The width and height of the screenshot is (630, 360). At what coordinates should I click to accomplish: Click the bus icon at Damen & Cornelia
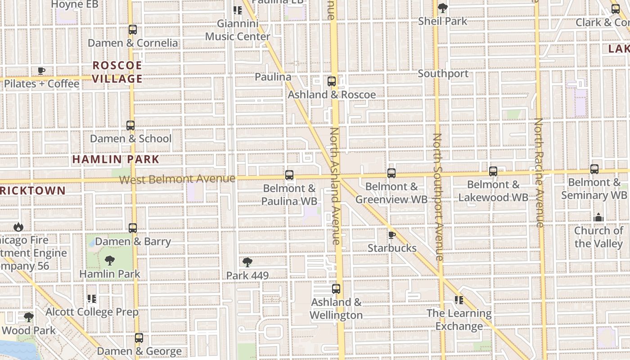coord(132,30)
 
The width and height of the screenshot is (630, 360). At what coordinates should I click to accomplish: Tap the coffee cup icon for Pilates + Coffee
coord(41,71)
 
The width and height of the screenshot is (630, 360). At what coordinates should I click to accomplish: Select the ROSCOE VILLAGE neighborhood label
coord(117,72)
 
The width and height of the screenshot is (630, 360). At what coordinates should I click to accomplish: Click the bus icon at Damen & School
coord(130,126)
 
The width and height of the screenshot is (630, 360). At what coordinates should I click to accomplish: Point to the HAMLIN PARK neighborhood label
coord(116,159)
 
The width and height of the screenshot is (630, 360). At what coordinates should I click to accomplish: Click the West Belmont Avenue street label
coord(177,179)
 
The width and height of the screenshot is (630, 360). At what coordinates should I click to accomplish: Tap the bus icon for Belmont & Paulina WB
coord(289,175)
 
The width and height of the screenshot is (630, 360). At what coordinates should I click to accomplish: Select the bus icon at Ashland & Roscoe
coord(332,81)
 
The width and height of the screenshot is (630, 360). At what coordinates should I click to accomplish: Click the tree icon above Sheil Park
coord(443,8)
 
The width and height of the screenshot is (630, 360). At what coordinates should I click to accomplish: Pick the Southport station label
coord(443,73)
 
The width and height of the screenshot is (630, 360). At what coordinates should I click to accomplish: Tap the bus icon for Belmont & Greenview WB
coord(391,173)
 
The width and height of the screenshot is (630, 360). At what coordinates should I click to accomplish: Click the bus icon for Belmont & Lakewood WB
coord(493,171)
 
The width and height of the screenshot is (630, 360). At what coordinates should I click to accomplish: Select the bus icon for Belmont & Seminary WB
coord(594,169)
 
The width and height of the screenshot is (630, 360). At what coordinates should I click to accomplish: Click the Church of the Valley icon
coord(598,218)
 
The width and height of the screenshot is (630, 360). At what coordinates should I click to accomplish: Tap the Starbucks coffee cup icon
coord(392,235)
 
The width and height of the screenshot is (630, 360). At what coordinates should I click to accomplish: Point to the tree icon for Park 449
coord(247,262)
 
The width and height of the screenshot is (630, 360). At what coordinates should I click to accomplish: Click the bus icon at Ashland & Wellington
coord(336,289)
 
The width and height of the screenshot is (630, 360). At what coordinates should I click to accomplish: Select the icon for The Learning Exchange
coord(459,300)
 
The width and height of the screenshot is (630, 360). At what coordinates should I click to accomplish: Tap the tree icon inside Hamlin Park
coord(109,261)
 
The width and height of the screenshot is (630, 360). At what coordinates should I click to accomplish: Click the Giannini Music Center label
coord(238,30)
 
